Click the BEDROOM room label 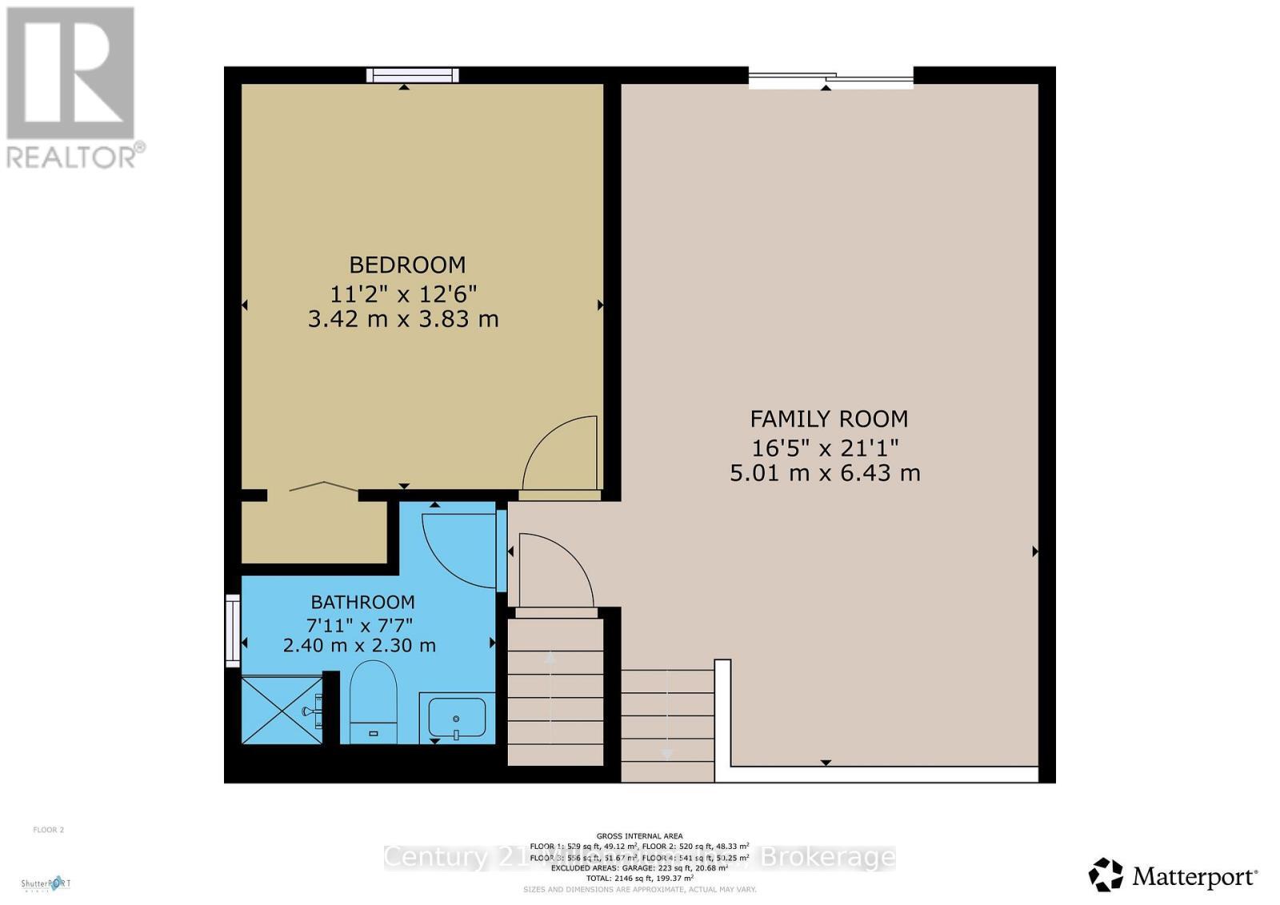tap(407, 265)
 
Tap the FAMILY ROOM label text tap(828, 419)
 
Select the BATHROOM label tap(362, 602)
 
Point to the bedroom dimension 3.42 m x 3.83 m tap(403, 319)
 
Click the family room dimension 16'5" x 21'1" tap(825, 446)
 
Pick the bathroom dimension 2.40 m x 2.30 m tap(359, 645)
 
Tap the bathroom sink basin tap(456, 716)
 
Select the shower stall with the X tap(282, 709)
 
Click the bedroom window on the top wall tap(413, 75)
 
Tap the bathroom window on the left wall tap(233, 630)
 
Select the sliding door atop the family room tap(830, 77)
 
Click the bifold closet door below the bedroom tap(323, 486)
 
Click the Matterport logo tap(1174, 875)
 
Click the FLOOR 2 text tap(48, 830)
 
